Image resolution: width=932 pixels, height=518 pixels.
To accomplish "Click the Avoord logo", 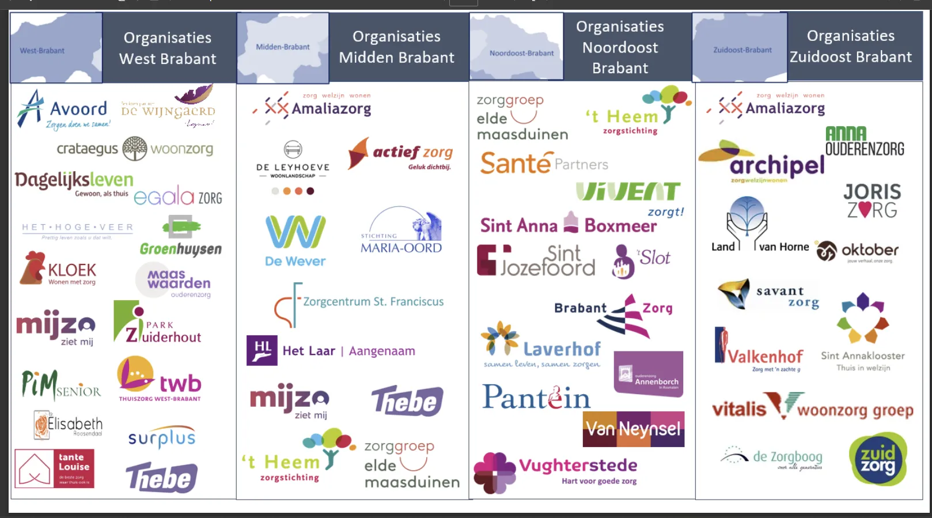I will pos(63,109).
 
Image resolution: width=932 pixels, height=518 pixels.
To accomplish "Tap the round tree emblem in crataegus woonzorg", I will pos(135,149).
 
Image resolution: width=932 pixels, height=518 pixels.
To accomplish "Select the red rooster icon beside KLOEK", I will pos(32,267).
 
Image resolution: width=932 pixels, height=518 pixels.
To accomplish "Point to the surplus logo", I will pos(162,438).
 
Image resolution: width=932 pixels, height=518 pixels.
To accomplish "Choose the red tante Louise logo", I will pos(54,468).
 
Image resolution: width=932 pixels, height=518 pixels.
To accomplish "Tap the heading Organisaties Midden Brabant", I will pos(396,47).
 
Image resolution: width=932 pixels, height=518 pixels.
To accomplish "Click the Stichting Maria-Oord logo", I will pos(401,232).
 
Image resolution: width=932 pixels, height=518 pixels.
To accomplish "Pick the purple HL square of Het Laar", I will pos(262,350).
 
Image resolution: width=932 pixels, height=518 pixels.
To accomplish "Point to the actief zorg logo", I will pos(401,153).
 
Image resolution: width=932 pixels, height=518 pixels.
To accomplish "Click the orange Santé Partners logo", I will pos(544,163).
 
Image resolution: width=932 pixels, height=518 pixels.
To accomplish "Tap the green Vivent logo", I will pos(629,192).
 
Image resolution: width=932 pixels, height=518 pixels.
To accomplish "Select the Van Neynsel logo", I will pos(634,429).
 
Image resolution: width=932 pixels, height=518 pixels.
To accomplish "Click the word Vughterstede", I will pos(578,466).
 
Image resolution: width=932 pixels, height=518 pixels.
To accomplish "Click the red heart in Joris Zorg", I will pos(863,210).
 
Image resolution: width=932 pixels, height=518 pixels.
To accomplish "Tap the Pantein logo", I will pos(536,397).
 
